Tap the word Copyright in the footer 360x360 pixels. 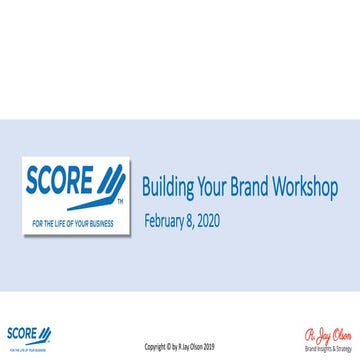click(158, 346)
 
